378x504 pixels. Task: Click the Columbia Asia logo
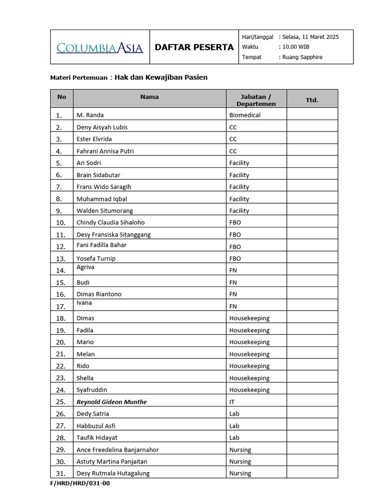100,48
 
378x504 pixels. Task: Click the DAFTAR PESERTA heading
194,47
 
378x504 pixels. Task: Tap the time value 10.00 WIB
296,47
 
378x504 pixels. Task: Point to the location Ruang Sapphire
302,57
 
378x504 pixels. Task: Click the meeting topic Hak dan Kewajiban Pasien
161,77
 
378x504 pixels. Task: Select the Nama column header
149,97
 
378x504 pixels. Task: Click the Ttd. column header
312,100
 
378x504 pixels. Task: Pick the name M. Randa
90,115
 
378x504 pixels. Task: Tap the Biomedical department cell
245,115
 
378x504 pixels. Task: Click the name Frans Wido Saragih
104,187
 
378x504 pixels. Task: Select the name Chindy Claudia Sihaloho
111,222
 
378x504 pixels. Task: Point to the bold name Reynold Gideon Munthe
112,402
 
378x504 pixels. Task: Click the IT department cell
232,402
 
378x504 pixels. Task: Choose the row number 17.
61,306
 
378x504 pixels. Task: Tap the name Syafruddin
92,390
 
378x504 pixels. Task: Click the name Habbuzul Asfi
96,426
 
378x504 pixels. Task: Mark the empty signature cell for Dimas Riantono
312,294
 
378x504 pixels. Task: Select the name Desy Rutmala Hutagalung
113,473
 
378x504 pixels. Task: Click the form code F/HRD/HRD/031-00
80,483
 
